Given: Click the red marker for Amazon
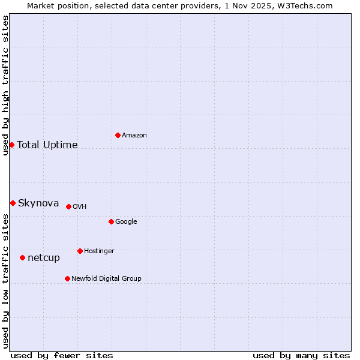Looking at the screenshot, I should click(x=118, y=135).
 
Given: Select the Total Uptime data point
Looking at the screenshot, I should click(x=11, y=145).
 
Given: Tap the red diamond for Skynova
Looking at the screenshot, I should click(x=13, y=203).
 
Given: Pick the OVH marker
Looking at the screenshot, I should click(x=68, y=206).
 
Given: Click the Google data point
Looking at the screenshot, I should click(x=111, y=221).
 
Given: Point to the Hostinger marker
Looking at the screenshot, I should click(x=80, y=251).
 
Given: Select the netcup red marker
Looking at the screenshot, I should click(x=22, y=257).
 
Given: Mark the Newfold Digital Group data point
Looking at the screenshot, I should click(x=67, y=278).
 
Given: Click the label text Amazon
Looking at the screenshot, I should click(x=134, y=135).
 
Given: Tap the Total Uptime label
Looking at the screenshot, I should click(x=47, y=145).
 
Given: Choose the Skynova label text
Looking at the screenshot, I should click(x=38, y=203).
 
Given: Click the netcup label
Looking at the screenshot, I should click(x=44, y=257).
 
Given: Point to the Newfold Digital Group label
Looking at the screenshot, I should click(x=106, y=278).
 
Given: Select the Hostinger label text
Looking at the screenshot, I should click(x=99, y=251).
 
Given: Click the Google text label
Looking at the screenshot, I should click(x=126, y=221).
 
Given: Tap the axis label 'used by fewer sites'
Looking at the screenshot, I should click(x=62, y=355).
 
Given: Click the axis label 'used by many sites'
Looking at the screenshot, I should click(x=301, y=355).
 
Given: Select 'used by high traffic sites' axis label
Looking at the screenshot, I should click(x=5, y=85).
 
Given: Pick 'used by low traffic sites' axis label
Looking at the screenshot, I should click(x=5, y=281).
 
